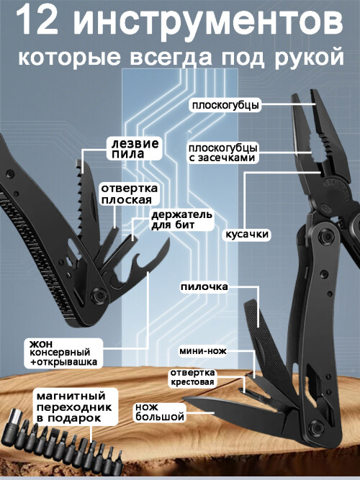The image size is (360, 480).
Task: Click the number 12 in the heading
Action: point(36,22)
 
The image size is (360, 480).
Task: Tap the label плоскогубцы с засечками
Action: point(222,153)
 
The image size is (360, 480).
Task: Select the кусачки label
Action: point(247,234)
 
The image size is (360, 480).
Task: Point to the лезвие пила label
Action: point(135,148)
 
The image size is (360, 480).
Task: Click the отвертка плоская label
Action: point(129,194)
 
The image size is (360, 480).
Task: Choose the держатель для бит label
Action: point(181,219)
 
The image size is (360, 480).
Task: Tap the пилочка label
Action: point(204,287)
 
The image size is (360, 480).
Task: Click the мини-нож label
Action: point(203,350)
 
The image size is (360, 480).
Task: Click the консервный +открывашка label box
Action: point(63,353)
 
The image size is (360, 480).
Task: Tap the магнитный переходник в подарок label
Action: point(76,406)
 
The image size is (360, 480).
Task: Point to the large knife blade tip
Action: point(183,398)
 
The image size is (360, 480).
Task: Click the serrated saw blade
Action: point(86,202)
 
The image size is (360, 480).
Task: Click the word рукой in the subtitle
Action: point(309,58)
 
